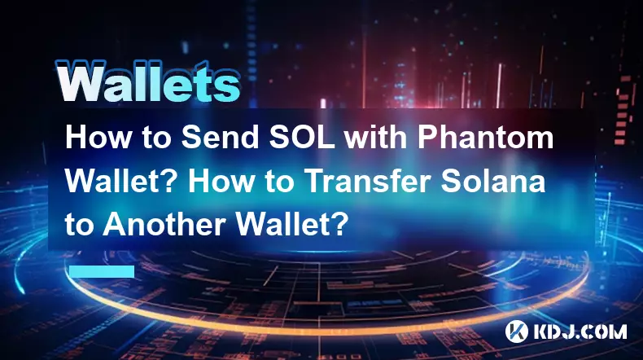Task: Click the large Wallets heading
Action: click(x=148, y=81)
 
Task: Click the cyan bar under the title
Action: click(x=102, y=271)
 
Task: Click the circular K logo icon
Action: click(x=517, y=331)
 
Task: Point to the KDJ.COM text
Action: click(x=580, y=331)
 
